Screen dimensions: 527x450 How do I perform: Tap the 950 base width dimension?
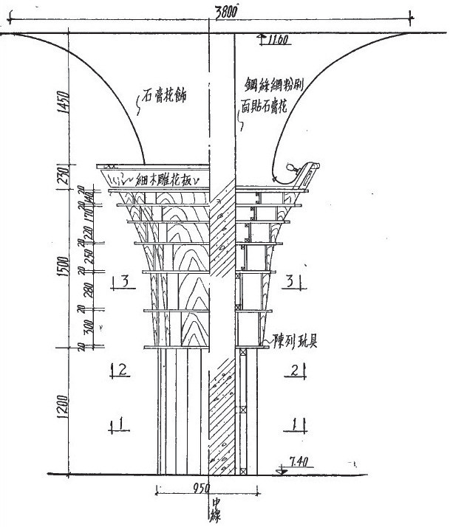[200, 486]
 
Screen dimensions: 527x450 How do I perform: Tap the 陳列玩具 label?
[292, 344]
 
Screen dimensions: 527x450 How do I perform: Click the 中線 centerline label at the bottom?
[217, 509]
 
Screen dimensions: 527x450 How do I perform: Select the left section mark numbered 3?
[126, 280]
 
